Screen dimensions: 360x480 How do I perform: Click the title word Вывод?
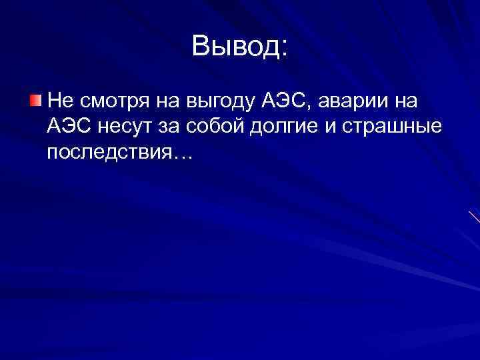pos(234,46)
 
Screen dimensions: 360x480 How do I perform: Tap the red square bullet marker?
pos(35,101)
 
